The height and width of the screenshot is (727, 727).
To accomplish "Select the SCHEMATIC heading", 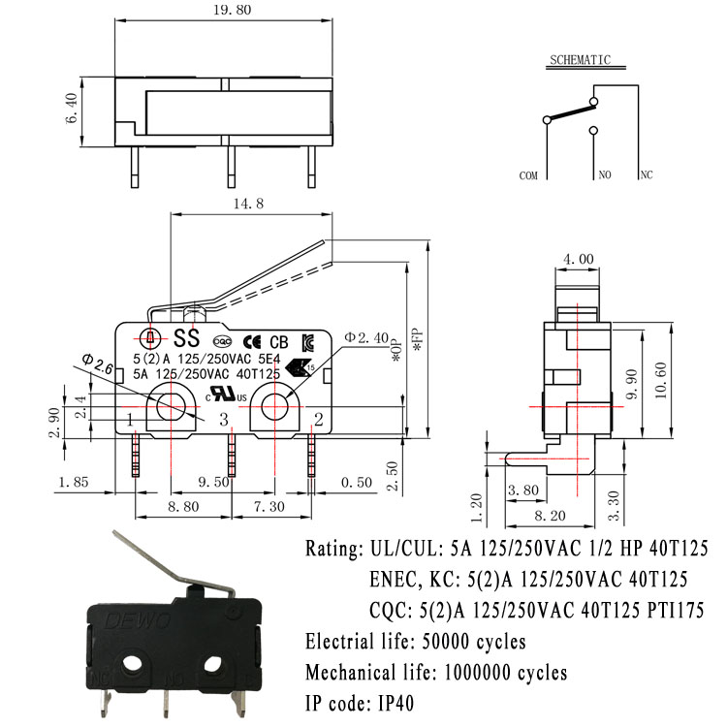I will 580,59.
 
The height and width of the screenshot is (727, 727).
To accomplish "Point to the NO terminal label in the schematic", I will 604,176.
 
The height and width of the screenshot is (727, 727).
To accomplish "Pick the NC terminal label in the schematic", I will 647,176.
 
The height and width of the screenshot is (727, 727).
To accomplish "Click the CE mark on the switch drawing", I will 251,340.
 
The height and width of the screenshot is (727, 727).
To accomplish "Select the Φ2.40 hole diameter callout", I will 366,336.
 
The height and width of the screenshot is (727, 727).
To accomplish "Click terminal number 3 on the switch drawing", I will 224,420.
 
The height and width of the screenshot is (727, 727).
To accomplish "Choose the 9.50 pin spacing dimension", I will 214,482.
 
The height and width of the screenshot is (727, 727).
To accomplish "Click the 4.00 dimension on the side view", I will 579,260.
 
